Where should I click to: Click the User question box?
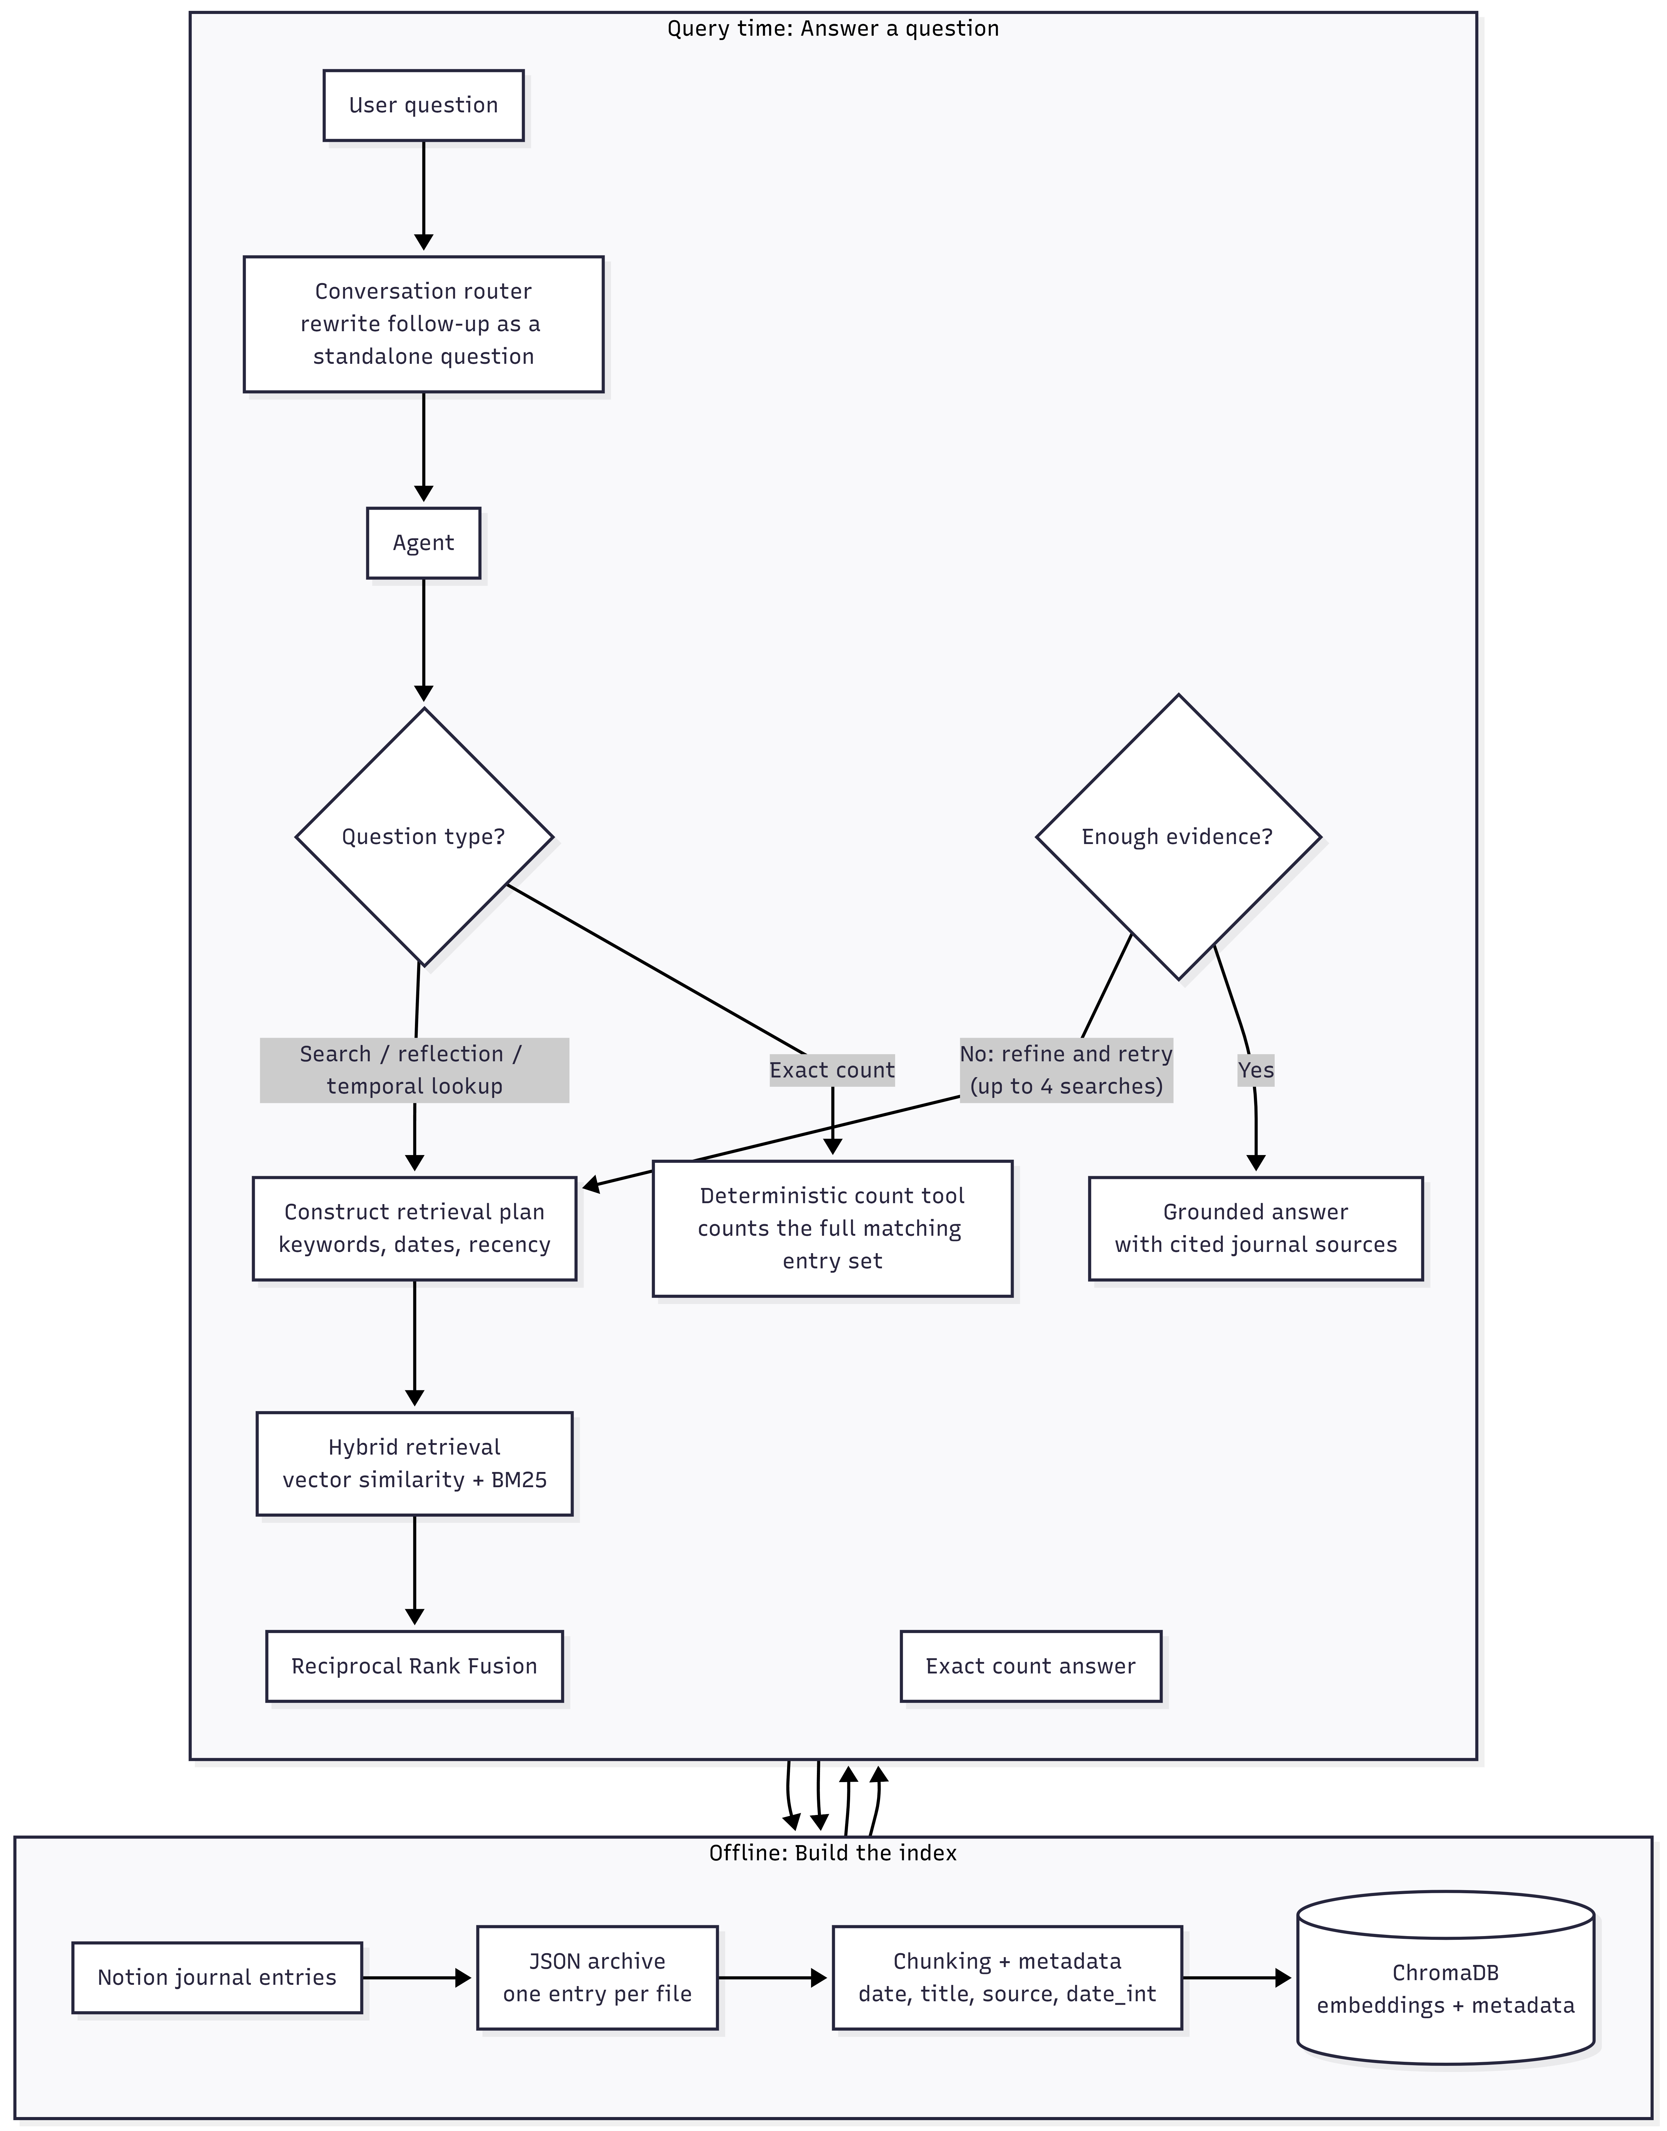point(424,106)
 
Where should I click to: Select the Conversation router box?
point(424,324)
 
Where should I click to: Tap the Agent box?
point(424,543)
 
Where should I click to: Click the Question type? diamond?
point(424,837)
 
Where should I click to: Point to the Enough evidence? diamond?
point(1178,837)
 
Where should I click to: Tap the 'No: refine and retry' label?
point(1066,1054)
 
